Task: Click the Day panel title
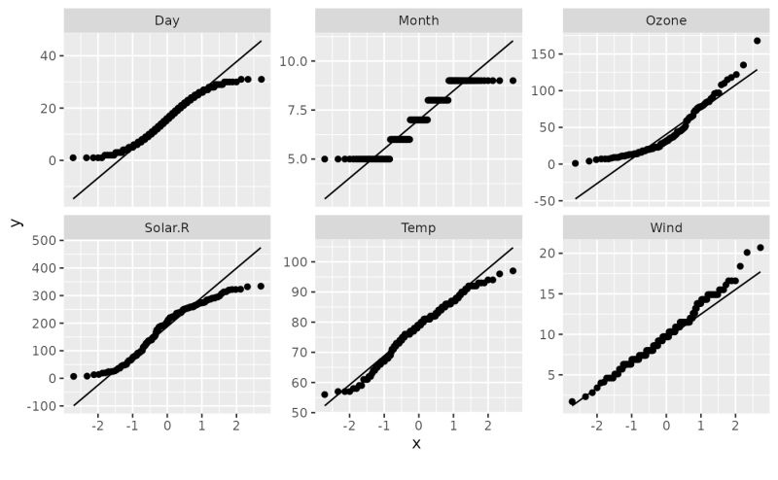(166, 20)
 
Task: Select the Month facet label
(418, 20)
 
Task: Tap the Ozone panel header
(666, 20)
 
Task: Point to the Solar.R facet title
(166, 227)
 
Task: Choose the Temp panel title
(418, 227)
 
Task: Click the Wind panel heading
(666, 227)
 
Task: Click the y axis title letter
(15, 223)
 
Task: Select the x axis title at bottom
(416, 444)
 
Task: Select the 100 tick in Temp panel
(296, 262)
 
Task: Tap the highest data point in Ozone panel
(757, 41)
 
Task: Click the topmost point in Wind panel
(760, 248)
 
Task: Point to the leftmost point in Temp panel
(325, 394)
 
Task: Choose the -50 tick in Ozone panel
(546, 200)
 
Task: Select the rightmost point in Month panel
(513, 81)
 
